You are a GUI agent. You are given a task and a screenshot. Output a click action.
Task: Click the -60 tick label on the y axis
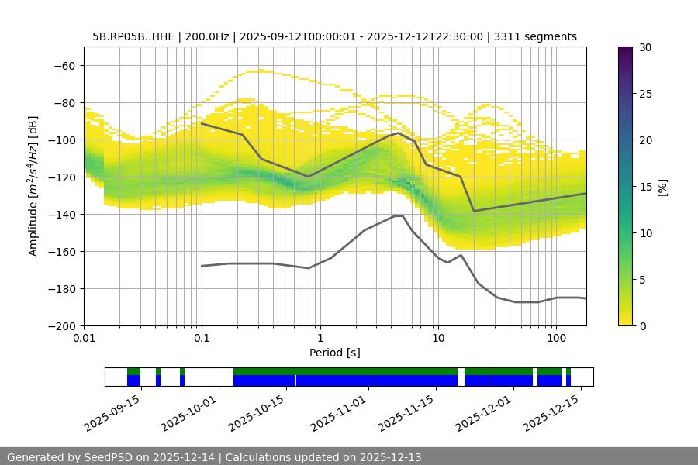[x=65, y=65]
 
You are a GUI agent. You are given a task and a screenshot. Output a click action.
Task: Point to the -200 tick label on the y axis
[x=62, y=325]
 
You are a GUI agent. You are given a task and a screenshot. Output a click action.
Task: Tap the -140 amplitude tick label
[x=62, y=214]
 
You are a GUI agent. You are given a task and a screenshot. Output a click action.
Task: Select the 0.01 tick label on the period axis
[x=84, y=339]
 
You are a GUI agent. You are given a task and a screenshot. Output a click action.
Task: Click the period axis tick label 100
[x=555, y=339]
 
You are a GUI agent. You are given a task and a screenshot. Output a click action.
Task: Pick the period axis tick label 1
[x=320, y=339]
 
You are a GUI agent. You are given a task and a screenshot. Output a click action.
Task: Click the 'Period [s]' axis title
[x=334, y=353]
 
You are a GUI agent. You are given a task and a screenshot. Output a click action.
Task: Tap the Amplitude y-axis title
[x=33, y=186]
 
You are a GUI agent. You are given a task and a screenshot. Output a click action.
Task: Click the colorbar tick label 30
[x=645, y=47]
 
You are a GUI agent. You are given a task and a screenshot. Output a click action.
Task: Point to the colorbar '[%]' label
[x=662, y=187]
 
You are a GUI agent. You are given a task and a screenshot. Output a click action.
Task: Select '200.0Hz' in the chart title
[x=206, y=36]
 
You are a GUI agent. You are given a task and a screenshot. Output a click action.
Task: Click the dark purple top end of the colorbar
[x=626, y=50]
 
